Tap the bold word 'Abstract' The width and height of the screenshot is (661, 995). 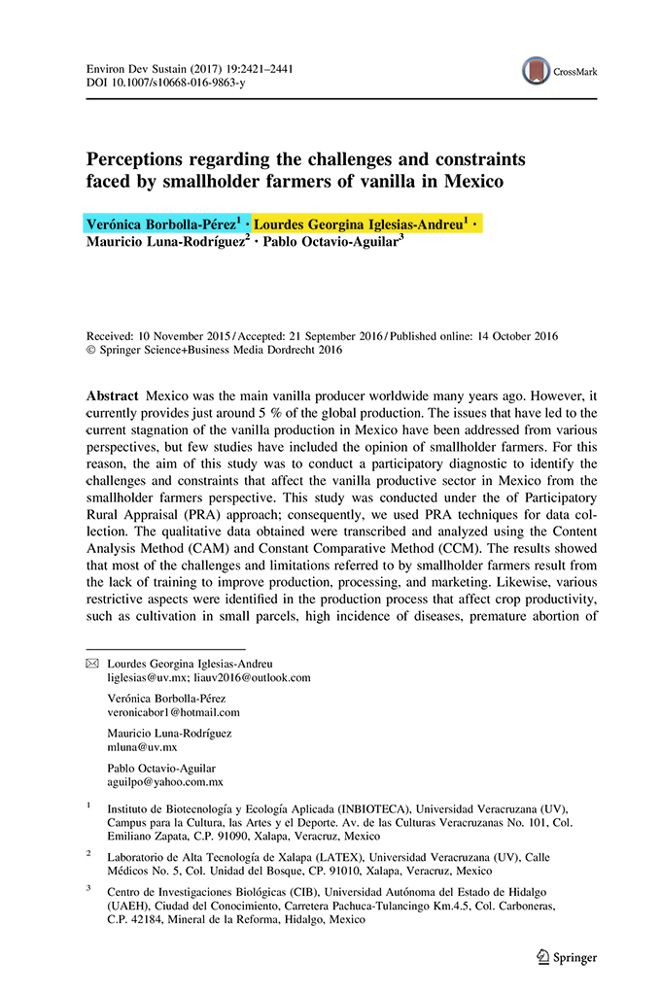pyautogui.click(x=112, y=397)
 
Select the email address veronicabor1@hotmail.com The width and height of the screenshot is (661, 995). pyautogui.click(x=173, y=712)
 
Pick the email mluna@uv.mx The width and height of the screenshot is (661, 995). pyautogui.click(x=142, y=747)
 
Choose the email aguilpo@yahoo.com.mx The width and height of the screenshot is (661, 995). pyautogui.click(x=165, y=782)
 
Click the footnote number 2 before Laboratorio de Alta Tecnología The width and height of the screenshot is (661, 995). pyautogui.click(x=88, y=851)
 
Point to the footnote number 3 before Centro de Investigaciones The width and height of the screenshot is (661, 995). pyautogui.click(x=88, y=886)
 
